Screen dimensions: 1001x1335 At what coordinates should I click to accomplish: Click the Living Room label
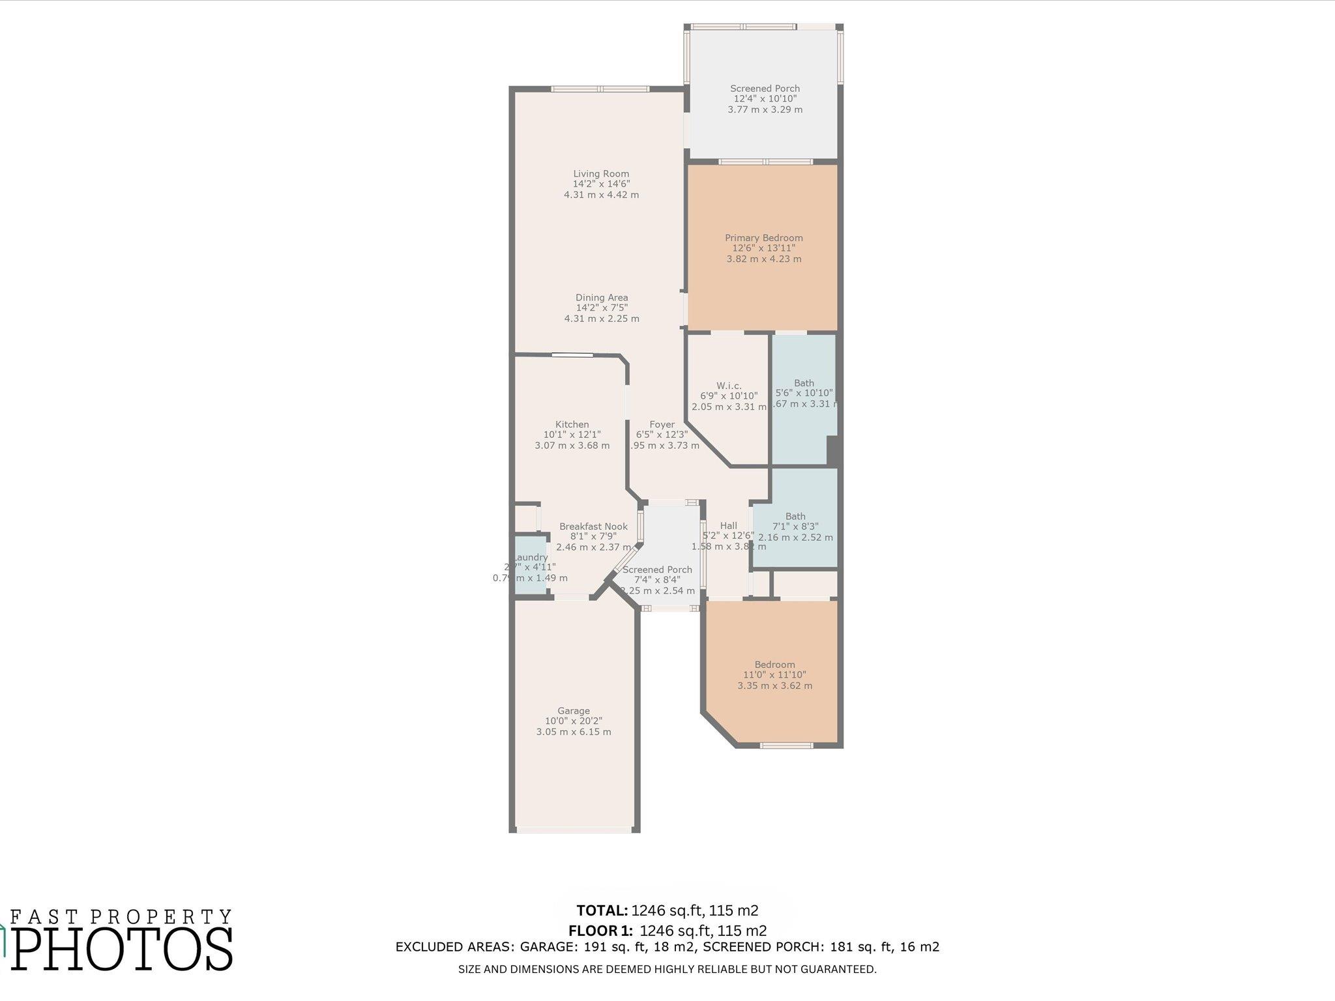(601, 174)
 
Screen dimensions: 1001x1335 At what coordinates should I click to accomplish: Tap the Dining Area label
(601, 298)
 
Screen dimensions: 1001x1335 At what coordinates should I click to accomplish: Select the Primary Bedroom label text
(763, 238)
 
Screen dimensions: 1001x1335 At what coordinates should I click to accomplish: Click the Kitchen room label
(572, 424)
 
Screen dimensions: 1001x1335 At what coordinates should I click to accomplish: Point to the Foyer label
(662, 424)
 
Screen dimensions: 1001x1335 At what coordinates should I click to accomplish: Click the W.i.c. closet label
(728, 386)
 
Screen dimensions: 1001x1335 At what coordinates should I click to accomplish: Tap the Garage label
(573, 711)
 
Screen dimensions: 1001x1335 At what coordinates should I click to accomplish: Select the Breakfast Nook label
(593, 527)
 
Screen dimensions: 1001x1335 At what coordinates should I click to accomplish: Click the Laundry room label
(531, 558)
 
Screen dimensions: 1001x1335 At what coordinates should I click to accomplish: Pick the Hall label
(728, 526)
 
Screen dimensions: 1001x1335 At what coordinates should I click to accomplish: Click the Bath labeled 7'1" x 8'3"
(795, 527)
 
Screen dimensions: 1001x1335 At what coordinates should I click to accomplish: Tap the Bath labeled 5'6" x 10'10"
(804, 394)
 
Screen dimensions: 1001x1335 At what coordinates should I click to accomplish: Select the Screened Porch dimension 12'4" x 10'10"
(765, 99)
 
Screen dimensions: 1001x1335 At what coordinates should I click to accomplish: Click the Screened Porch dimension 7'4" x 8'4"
(656, 580)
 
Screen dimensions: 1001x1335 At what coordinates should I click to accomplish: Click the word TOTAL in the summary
(602, 910)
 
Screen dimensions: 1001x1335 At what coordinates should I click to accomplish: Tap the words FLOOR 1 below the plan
(600, 931)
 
